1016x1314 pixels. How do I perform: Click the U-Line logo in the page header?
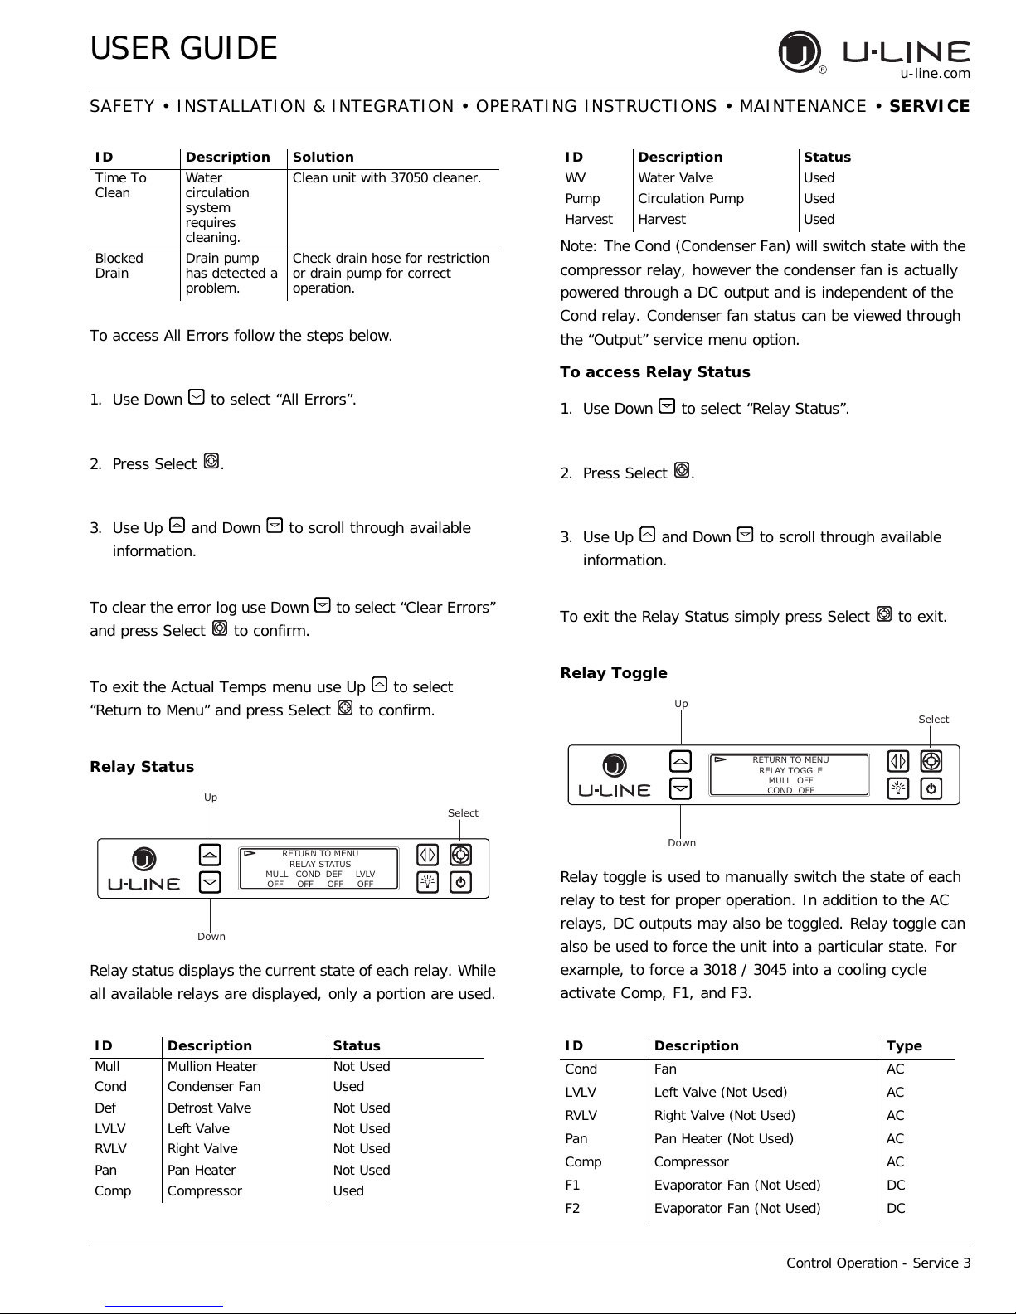874,52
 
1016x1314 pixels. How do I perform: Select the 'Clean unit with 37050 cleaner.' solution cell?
386,177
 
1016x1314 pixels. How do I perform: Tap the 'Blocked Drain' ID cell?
119,265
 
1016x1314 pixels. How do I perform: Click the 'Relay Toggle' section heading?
614,673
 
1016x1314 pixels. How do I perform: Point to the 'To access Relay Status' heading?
655,372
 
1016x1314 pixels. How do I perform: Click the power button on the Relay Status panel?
461,882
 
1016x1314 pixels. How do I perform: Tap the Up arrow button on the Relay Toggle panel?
680,761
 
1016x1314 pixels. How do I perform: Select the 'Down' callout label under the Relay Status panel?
211,937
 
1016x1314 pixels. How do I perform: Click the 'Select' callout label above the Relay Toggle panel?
933,720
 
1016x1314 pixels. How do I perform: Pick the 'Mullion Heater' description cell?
212,1067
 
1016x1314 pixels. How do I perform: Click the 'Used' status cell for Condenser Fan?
348,1087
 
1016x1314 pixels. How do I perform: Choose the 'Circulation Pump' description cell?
691,199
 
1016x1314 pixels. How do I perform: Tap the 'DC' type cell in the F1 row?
896,1186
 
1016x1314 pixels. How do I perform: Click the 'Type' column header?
904,1046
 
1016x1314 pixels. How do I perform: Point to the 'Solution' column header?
323,158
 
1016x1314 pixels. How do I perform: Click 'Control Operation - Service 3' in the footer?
878,1263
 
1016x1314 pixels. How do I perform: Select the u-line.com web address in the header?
936,73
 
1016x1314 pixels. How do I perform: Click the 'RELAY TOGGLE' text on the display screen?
790,770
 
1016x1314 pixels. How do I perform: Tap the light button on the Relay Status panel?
428,882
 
